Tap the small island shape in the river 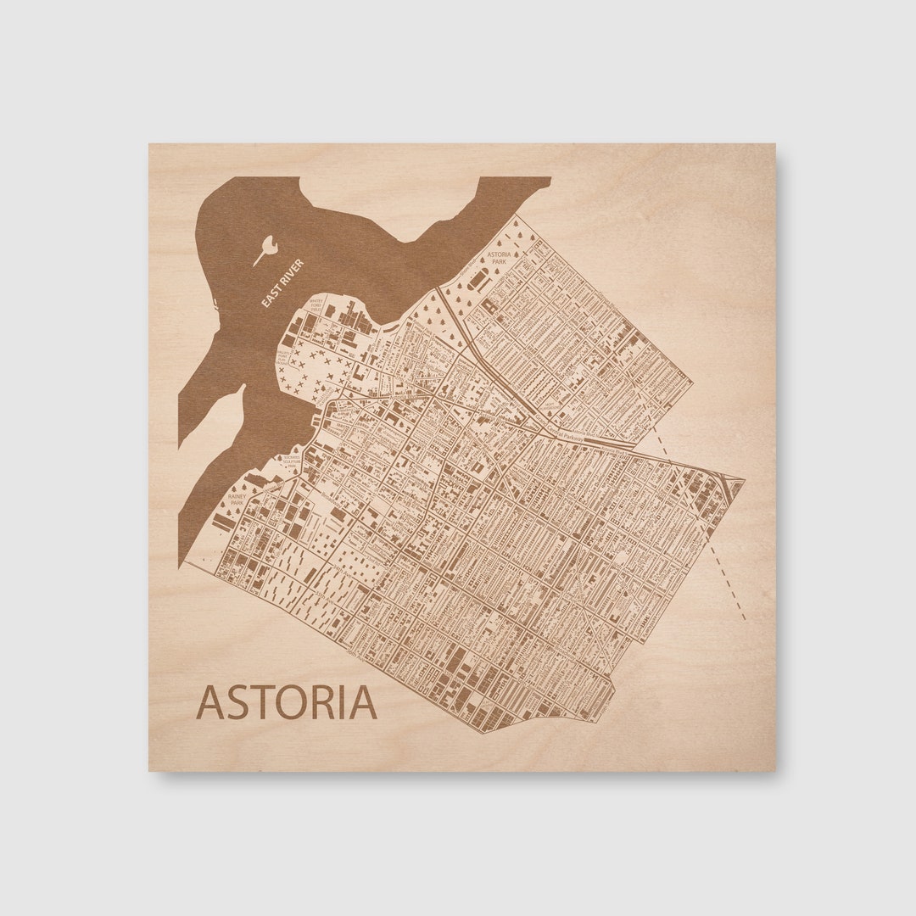click(x=267, y=249)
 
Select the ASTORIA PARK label click(x=498, y=258)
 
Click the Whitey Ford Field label click(x=316, y=304)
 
